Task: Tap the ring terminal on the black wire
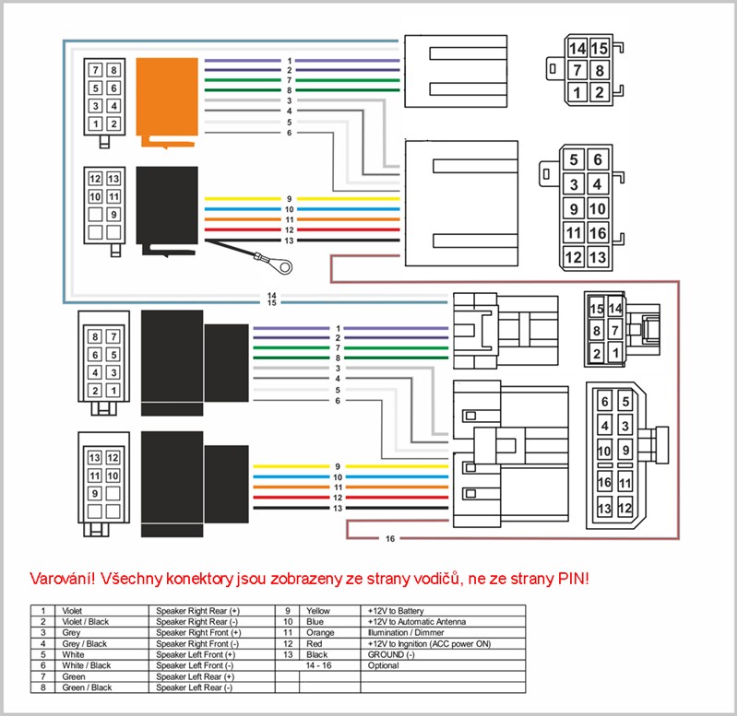pyautogui.click(x=287, y=267)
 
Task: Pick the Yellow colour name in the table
pyautogui.click(x=318, y=611)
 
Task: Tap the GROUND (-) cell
pyautogui.click(x=391, y=655)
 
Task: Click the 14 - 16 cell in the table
pyautogui.click(x=318, y=665)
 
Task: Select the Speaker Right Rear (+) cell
pyautogui.click(x=198, y=611)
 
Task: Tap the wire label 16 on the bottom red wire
pyautogui.click(x=391, y=538)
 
